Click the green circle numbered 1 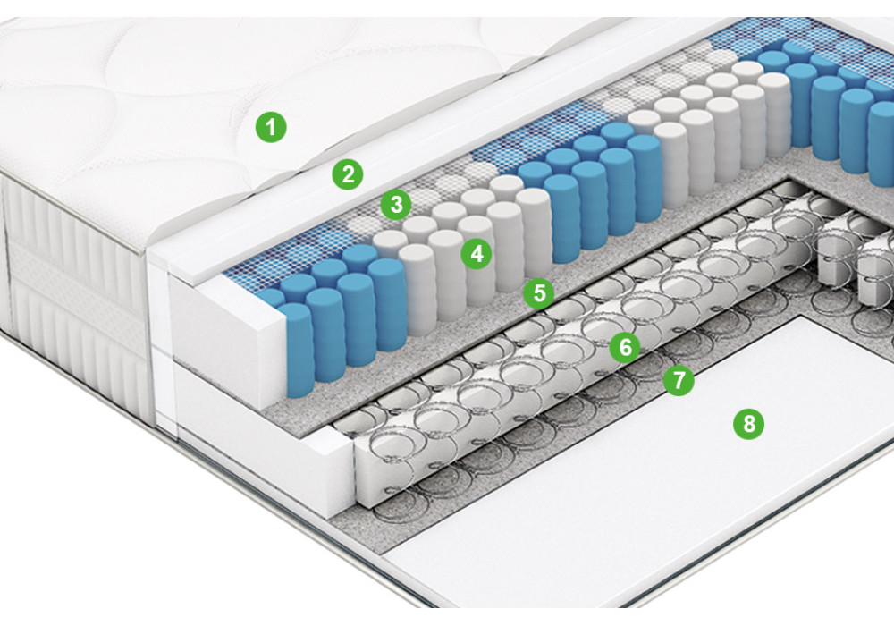coord(271,127)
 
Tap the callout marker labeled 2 coord(348,173)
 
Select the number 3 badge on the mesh coord(396,204)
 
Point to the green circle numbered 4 coord(477,253)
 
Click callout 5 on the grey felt coord(539,293)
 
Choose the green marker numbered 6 coord(625,347)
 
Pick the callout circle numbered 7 coord(679,380)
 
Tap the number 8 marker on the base coord(748,424)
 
